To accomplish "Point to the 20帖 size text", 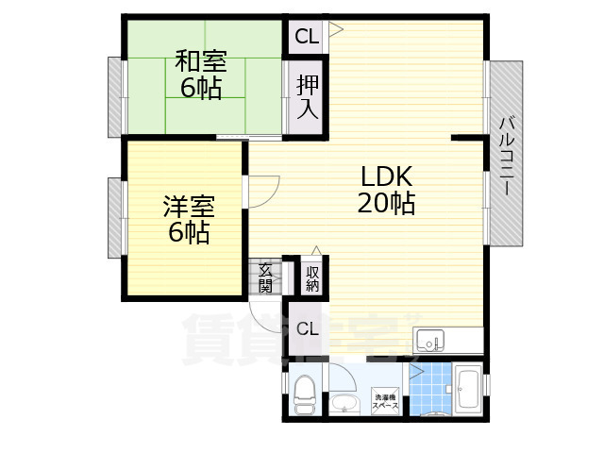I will pos(386,203).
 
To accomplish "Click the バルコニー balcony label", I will pos(507,155).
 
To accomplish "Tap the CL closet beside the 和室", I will pos(306,37).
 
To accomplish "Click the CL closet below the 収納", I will pos(306,328).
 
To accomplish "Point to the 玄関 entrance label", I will pos(265,277).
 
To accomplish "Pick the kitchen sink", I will pos(429,339).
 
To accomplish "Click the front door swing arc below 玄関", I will pos(262,306).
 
